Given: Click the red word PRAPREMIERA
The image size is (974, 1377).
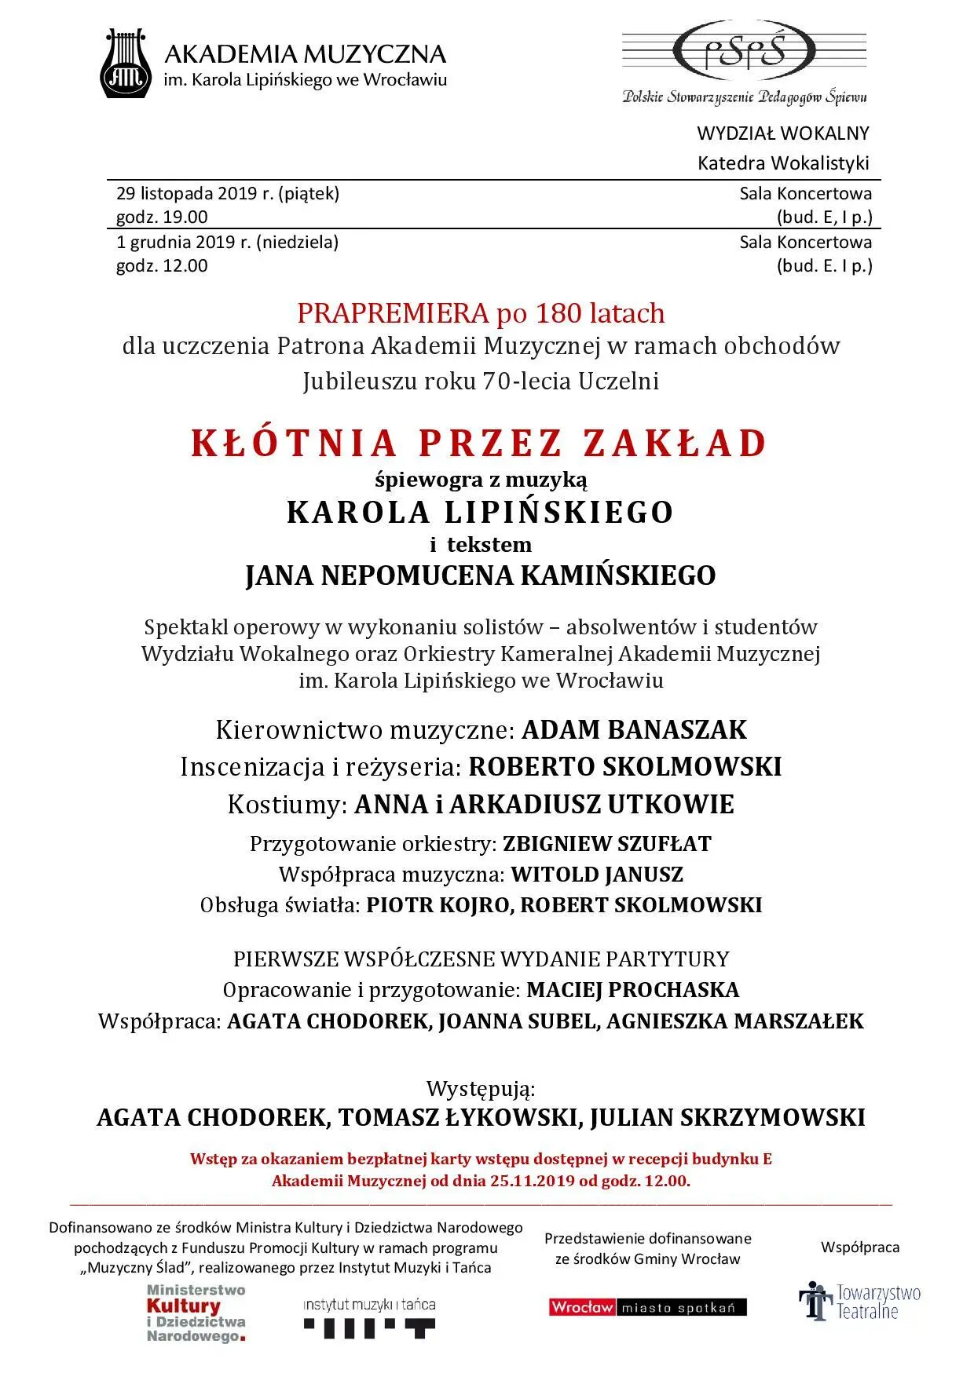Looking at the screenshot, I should [x=393, y=313].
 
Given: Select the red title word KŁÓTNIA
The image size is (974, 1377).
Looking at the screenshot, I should [x=295, y=444].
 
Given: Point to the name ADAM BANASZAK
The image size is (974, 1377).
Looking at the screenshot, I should [x=634, y=729].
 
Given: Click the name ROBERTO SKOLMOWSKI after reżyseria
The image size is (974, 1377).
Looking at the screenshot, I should [x=625, y=766].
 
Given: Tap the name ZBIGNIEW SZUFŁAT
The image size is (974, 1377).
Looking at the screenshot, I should [x=607, y=844].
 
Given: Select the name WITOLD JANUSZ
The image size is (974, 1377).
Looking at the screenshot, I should [x=597, y=875].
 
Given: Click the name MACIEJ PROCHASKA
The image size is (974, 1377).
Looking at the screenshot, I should [x=632, y=989].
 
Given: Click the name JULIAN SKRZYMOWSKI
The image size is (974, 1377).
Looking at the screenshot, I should [x=727, y=1117].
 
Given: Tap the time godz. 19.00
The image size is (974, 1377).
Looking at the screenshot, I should [x=162, y=217].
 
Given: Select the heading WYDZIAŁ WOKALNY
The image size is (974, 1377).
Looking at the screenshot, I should [x=782, y=133].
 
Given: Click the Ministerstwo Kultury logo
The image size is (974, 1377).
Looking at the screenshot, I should [x=196, y=1313].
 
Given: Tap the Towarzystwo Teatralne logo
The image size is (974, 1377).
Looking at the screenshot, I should [x=859, y=1302].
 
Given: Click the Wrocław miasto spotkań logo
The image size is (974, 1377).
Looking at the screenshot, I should [x=647, y=1307].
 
